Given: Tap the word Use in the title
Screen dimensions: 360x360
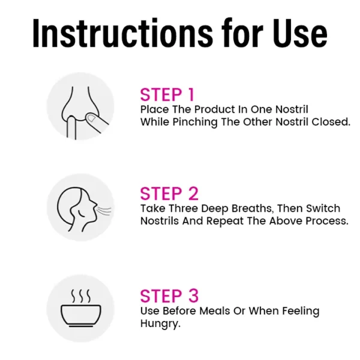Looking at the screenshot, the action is pyautogui.click(x=300, y=33).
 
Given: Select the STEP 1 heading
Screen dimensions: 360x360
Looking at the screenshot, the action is pyautogui.click(x=167, y=95).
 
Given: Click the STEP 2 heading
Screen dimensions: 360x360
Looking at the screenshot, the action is pyautogui.click(x=169, y=194).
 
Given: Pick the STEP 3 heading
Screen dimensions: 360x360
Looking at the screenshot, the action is pyautogui.click(x=169, y=296).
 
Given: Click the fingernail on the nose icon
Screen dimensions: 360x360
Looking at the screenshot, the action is pyautogui.click(x=91, y=118).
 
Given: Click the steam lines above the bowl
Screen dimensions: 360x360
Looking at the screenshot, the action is pyautogui.click(x=80, y=296).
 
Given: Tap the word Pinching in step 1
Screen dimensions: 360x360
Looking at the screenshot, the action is pyautogui.click(x=194, y=122).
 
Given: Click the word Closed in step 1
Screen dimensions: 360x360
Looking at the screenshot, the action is pyautogui.click(x=331, y=122).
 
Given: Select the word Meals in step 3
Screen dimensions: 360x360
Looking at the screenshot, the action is pyautogui.click(x=215, y=311).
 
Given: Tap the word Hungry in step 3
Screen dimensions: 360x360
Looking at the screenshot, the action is pyautogui.click(x=160, y=324).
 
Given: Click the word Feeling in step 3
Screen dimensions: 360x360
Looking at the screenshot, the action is pyautogui.click(x=301, y=311).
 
